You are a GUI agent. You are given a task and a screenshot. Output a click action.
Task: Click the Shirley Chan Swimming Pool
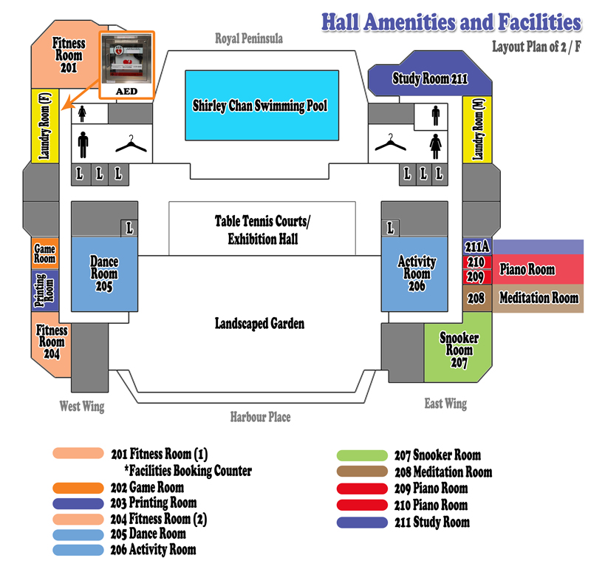[262, 105]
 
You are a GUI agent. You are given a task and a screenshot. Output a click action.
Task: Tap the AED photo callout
[126, 65]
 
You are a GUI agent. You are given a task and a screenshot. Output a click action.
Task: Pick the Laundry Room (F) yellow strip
[45, 126]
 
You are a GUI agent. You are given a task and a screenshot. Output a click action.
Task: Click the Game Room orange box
[45, 254]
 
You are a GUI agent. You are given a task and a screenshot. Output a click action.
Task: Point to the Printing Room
[45, 290]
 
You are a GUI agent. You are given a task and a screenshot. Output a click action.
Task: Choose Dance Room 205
[104, 274]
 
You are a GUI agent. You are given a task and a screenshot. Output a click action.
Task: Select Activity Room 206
[414, 274]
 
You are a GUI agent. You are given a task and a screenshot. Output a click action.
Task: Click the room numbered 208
[477, 298]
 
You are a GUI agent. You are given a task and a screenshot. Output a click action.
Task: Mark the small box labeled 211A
[477, 247]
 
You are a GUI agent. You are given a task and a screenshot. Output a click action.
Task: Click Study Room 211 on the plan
[430, 75]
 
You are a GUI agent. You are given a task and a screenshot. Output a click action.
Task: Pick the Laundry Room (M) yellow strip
[477, 129]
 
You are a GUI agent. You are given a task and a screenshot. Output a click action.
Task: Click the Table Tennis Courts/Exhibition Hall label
[262, 230]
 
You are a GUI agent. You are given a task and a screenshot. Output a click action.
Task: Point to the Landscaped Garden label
[260, 324]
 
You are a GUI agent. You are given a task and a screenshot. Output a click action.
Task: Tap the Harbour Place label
[261, 417]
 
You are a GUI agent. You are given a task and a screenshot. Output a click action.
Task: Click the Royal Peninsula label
[249, 38]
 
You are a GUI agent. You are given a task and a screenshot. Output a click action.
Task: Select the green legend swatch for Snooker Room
[362, 455]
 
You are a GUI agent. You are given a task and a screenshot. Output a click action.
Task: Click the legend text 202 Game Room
[147, 488]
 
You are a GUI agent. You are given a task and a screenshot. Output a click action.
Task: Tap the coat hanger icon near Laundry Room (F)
[131, 144]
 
